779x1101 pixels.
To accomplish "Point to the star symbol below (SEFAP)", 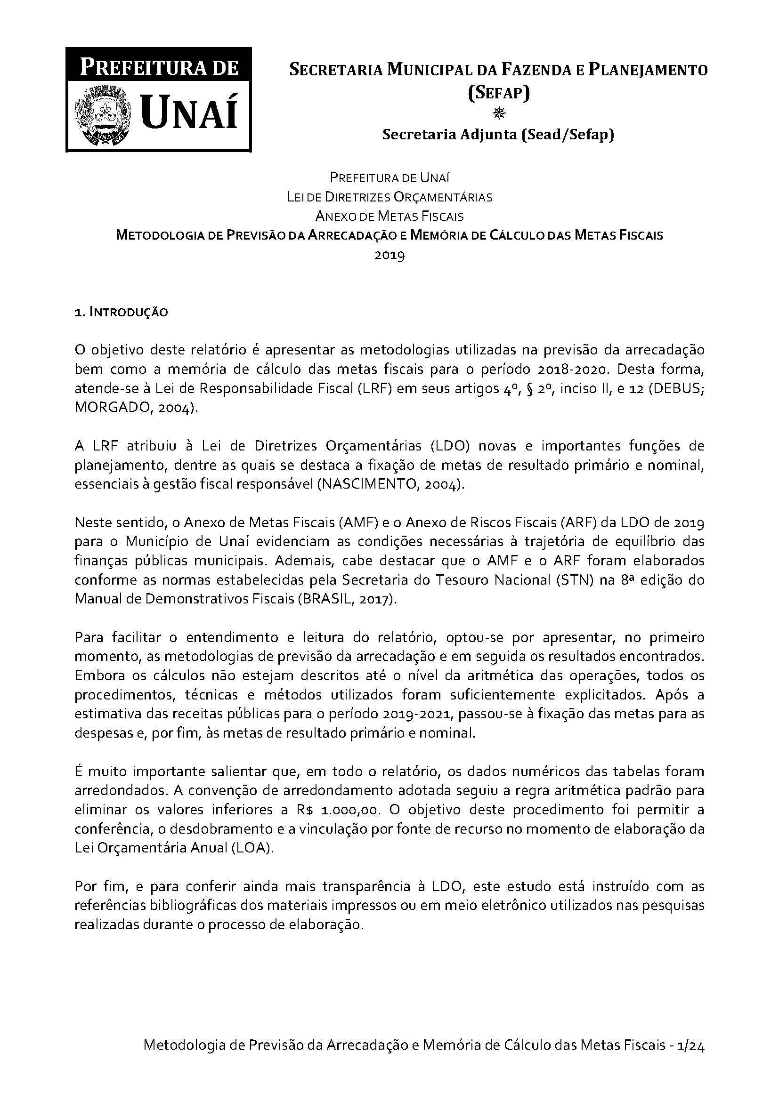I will tap(499, 113).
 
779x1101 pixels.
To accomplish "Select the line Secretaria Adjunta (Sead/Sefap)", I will tap(498, 135).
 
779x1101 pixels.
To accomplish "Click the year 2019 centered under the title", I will tap(389, 255).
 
